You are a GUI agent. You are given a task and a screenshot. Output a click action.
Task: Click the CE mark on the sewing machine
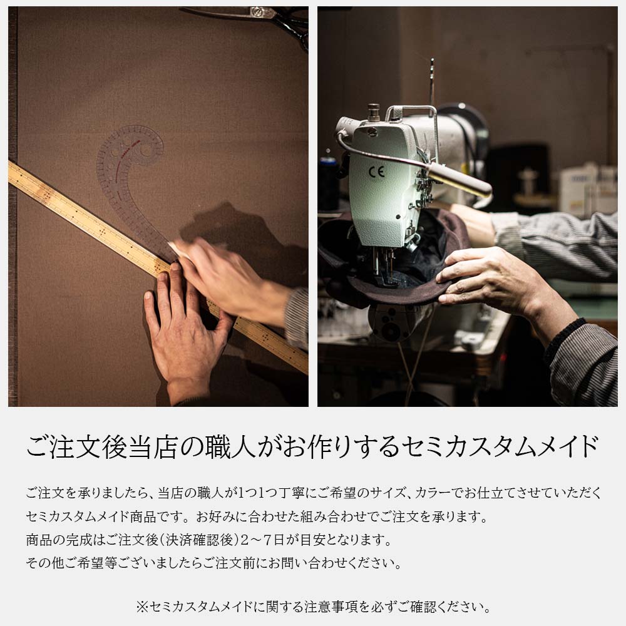[x=376, y=172]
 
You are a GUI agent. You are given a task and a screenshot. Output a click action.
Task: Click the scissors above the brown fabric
[x=255, y=20]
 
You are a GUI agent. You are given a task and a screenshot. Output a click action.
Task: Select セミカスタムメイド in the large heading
[x=499, y=446]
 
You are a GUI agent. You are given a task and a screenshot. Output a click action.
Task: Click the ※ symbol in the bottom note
[x=142, y=607]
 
